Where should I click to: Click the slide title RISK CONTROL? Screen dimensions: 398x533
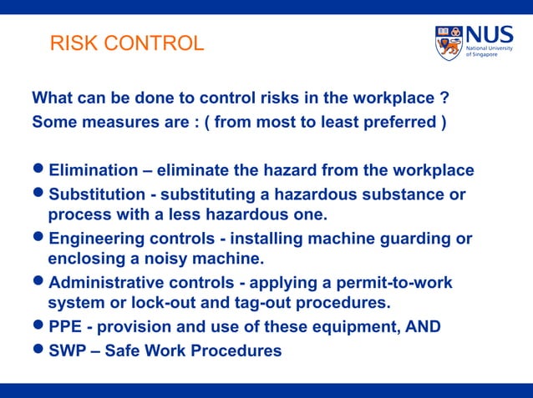[x=127, y=43]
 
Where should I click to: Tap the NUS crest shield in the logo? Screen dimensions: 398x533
[x=449, y=43]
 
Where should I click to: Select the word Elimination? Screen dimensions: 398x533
[x=93, y=171]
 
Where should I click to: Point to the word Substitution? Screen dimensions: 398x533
[x=95, y=195]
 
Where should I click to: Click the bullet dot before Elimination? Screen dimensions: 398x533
[x=38, y=171]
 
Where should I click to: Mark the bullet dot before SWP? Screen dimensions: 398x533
[x=38, y=351]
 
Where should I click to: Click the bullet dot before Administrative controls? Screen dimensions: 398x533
[x=38, y=283]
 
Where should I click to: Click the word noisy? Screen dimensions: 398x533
[x=149, y=258]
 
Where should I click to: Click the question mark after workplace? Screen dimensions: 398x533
[x=444, y=98]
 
